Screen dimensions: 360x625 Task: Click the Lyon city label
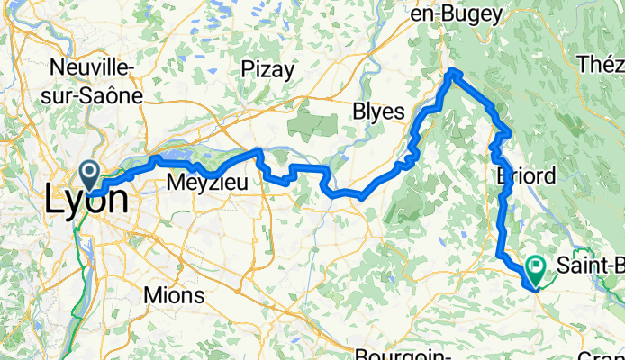tap(86, 200)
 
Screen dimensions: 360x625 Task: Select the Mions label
tap(174, 295)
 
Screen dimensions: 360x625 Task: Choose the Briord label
tap(526, 175)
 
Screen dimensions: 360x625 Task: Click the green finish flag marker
tap(537, 266)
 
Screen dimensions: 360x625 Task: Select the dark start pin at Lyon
tap(91, 172)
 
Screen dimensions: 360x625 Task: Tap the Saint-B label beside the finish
tap(590, 265)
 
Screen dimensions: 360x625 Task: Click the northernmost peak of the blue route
tap(454, 71)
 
